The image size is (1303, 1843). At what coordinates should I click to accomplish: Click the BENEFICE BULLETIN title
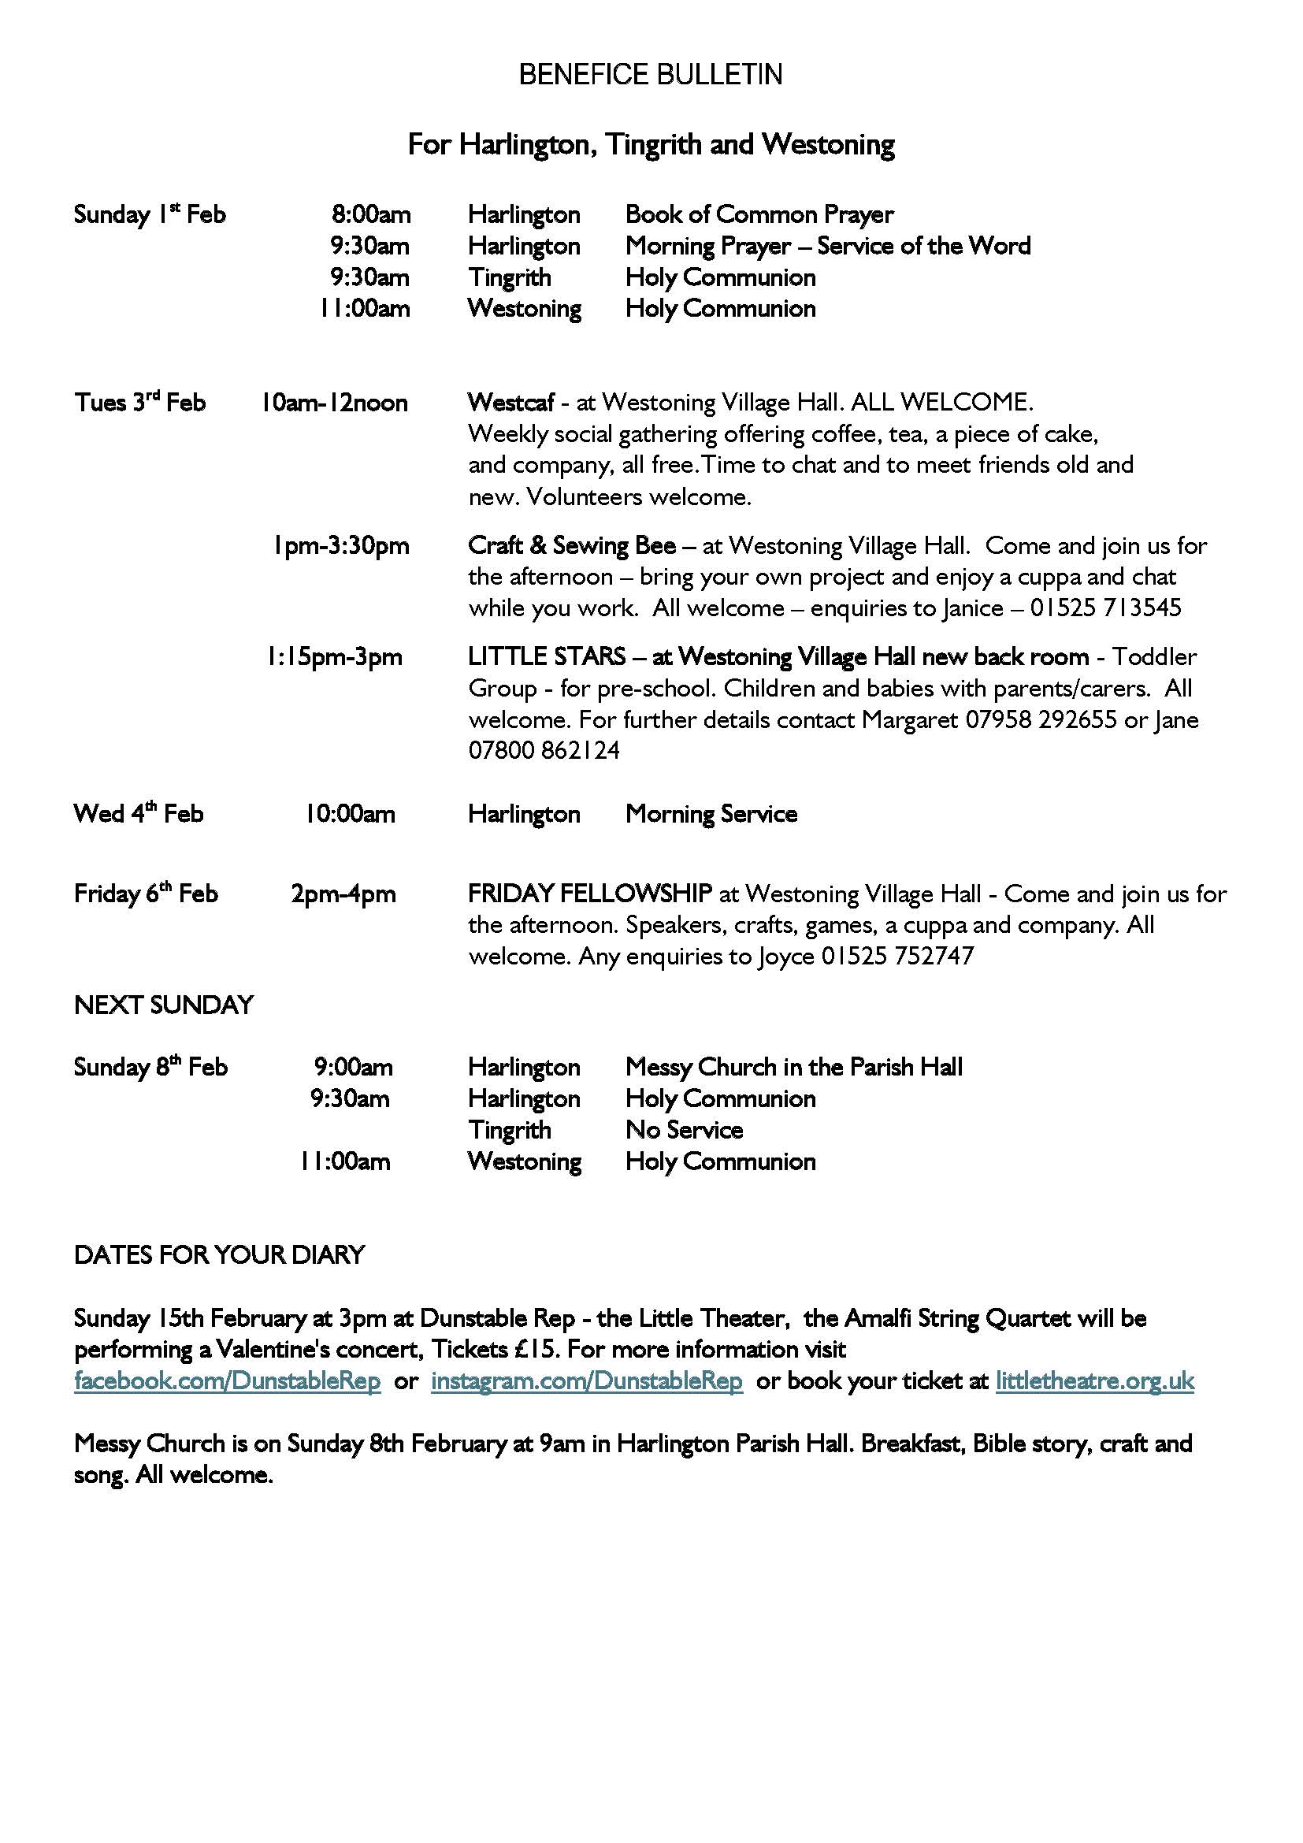pyautogui.click(x=650, y=75)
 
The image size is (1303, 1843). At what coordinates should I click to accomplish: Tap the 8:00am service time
pyautogui.click(x=371, y=214)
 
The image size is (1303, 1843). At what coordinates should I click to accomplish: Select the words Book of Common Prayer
pyautogui.click(x=759, y=214)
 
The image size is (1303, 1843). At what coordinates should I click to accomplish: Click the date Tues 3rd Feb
pyautogui.click(x=139, y=402)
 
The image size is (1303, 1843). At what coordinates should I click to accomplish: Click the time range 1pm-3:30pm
pyautogui.click(x=340, y=546)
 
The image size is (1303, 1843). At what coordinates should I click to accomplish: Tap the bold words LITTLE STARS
pyautogui.click(x=547, y=656)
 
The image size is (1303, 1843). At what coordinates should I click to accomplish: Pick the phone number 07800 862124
pyautogui.click(x=544, y=751)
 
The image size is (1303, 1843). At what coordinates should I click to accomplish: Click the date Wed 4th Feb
pyautogui.click(x=138, y=814)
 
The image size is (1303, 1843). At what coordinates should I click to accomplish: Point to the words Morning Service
pyautogui.click(x=711, y=814)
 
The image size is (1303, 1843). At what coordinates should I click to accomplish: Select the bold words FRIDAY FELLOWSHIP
pyautogui.click(x=590, y=894)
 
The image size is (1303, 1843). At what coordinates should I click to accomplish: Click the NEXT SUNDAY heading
pyautogui.click(x=164, y=1005)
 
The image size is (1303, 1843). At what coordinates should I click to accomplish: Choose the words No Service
pyautogui.click(x=684, y=1130)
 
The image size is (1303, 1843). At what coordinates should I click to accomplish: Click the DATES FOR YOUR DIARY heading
pyautogui.click(x=219, y=1254)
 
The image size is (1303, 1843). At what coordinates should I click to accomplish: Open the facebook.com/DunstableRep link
pyautogui.click(x=227, y=1380)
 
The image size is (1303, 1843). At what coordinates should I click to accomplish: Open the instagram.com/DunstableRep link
pyautogui.click(x=587, y=1380)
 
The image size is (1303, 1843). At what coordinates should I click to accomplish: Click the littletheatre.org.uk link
pyautogui.click(x=1094, y=1380)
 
